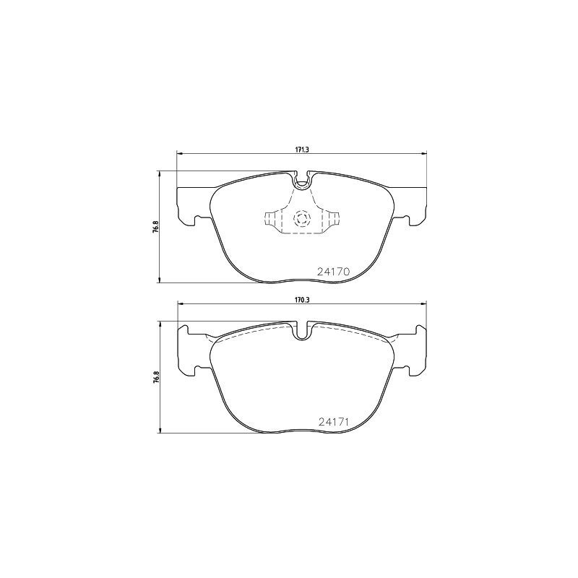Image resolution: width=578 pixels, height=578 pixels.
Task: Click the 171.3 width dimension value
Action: point(301,149)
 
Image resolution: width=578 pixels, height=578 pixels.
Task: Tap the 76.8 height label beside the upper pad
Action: point(155,227)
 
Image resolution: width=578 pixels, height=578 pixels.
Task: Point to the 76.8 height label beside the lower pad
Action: point(155,378)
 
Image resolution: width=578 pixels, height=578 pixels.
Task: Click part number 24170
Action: point(333,272)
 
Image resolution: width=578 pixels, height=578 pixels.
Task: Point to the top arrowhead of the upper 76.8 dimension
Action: point(159,173)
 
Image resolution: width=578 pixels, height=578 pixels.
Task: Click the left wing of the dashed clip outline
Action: point(272,219)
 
